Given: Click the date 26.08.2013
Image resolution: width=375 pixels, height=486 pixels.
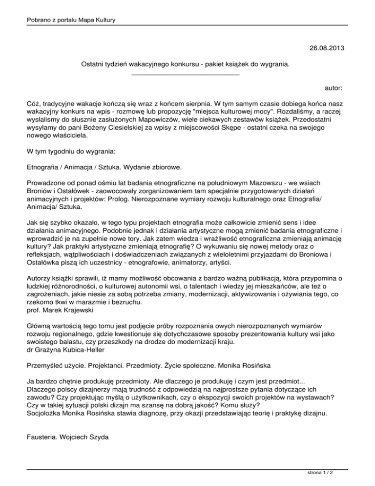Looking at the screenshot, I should click(x=327, y=48).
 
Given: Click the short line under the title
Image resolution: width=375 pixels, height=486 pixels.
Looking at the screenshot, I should click(x=186, y=75).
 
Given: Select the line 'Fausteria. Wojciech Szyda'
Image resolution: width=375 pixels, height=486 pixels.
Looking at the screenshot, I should click(x=69, y=432).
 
